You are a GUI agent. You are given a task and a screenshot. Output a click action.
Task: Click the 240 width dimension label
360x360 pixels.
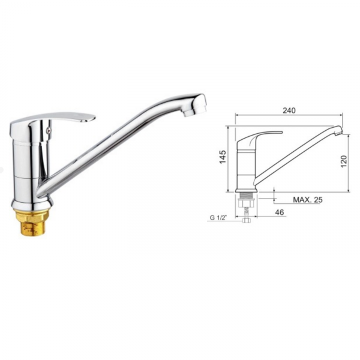289,110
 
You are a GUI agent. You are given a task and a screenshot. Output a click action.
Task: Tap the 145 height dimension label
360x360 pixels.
223,157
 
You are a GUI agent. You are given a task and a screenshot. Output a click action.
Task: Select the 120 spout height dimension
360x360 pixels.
343,161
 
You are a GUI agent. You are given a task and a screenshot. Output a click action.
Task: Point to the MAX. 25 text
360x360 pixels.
308,200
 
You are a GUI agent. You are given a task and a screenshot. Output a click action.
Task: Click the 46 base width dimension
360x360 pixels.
280,212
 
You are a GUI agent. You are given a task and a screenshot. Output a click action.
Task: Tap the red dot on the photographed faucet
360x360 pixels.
47,130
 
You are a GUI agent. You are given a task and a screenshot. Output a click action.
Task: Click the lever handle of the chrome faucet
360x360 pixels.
53,122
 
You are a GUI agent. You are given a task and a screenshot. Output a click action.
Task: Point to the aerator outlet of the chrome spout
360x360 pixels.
189,112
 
